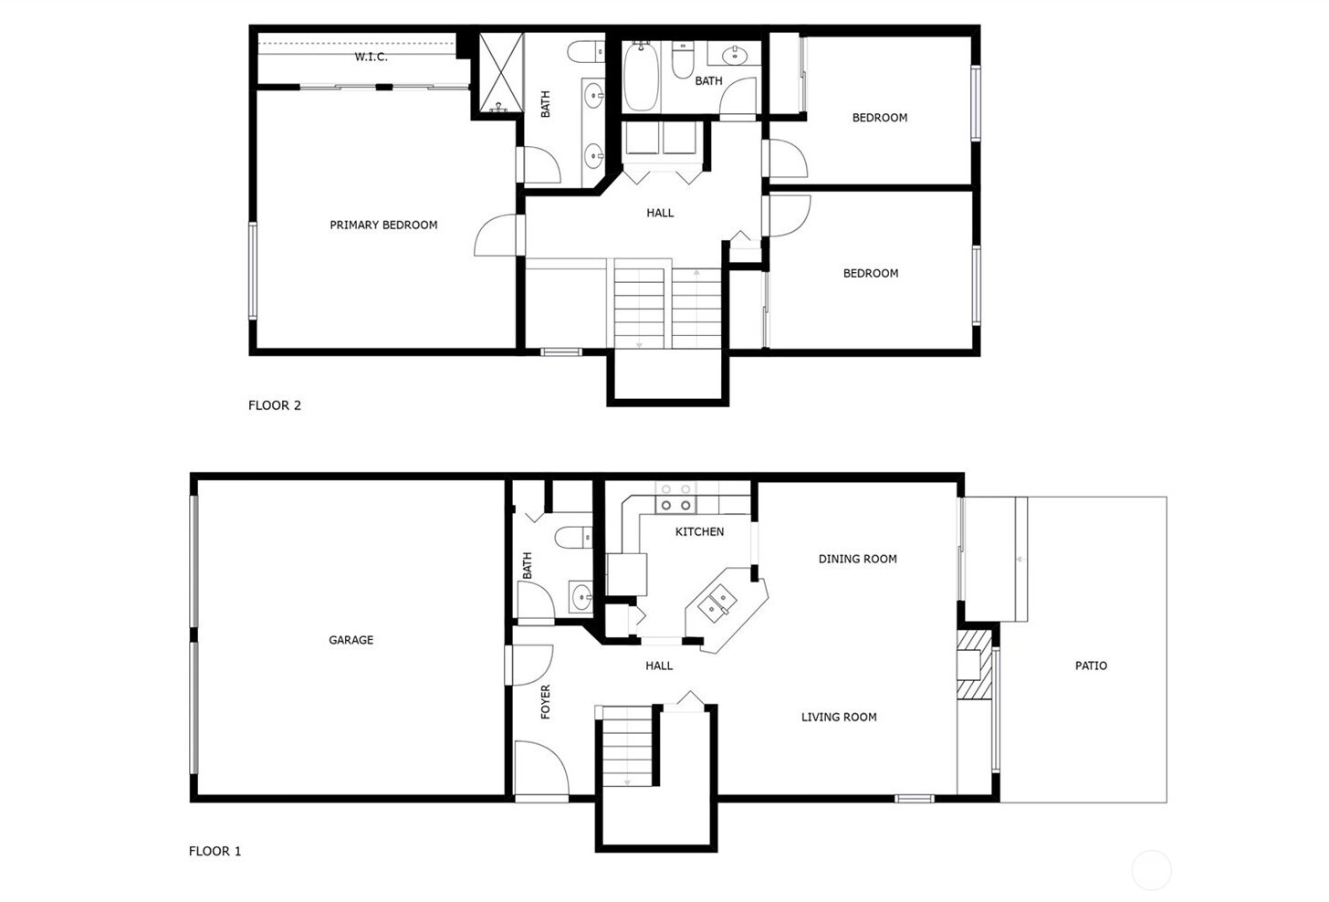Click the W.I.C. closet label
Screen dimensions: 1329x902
(x=371, y=57)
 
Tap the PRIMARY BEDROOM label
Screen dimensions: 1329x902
(x=383, y=225)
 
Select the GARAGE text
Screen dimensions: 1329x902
(x=351, y=640)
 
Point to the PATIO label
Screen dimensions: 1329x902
(x=1091, y=666)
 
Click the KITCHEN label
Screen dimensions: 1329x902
(x=699, y=531)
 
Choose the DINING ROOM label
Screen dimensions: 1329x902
(x=857, y=559)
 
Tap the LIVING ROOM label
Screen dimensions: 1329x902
(x=839, y=717)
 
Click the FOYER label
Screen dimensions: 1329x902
(x=545, y=702)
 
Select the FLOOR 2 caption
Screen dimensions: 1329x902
(x=275, y=405)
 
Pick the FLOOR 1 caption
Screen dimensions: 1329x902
(x=215, y=851)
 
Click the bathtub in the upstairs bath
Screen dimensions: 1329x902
(x=641, y=76)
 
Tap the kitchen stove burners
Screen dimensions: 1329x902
(x=675, y=498)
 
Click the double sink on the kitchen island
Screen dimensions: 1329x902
(x=717, y=603)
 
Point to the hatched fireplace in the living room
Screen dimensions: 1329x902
(x=974, y=664)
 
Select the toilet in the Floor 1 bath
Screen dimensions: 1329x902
(x=573, y=538)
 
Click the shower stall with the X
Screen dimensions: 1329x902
(x=501, y=73)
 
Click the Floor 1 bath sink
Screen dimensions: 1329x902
(x=581, y=595)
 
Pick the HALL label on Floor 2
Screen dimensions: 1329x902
(x=660, y=213)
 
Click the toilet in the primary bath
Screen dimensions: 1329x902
(x=586, y=52)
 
